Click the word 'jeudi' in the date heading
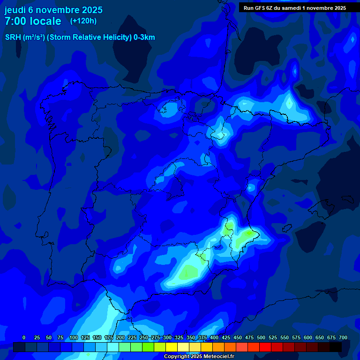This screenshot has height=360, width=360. tap(15, 10)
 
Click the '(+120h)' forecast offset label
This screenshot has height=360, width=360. tap(83, 21)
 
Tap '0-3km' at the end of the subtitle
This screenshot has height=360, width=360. tap(144, 37)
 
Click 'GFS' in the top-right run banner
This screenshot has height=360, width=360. tap(260, 8)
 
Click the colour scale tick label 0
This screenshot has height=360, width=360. tap(24, 337)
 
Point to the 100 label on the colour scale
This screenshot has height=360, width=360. tap(74, 337)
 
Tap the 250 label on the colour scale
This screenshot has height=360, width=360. tap(144, 337)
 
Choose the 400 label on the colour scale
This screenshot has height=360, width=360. tap(214, 337)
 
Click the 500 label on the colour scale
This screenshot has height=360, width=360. tap(261, 337)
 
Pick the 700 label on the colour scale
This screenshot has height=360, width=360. tap(343, 337)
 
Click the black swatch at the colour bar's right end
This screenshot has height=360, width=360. tap(336, 347)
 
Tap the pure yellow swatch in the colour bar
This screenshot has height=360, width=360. tap(172, 347)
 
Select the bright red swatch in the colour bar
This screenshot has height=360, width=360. tap(265, 347)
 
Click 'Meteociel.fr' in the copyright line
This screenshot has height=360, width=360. tap(219, 357)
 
